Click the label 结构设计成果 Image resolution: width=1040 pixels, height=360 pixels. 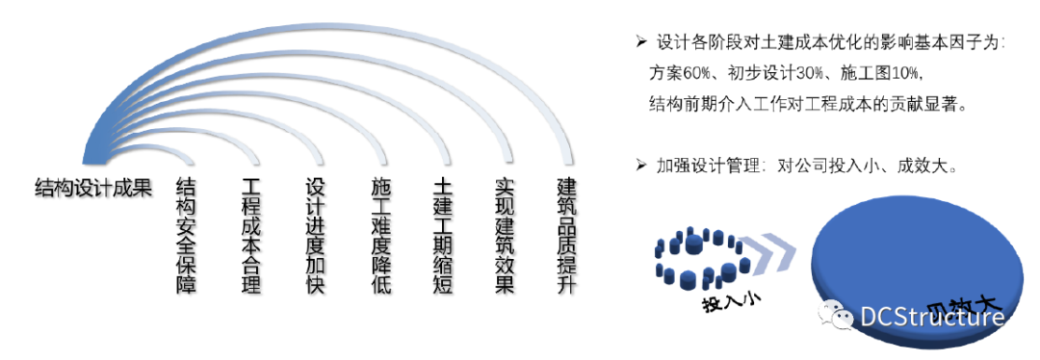[92, 188]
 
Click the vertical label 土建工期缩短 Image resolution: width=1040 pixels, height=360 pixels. [444, 236]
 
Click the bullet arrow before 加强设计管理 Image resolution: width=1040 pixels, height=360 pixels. [640, 166]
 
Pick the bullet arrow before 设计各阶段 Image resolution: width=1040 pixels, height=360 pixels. [640, 42]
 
